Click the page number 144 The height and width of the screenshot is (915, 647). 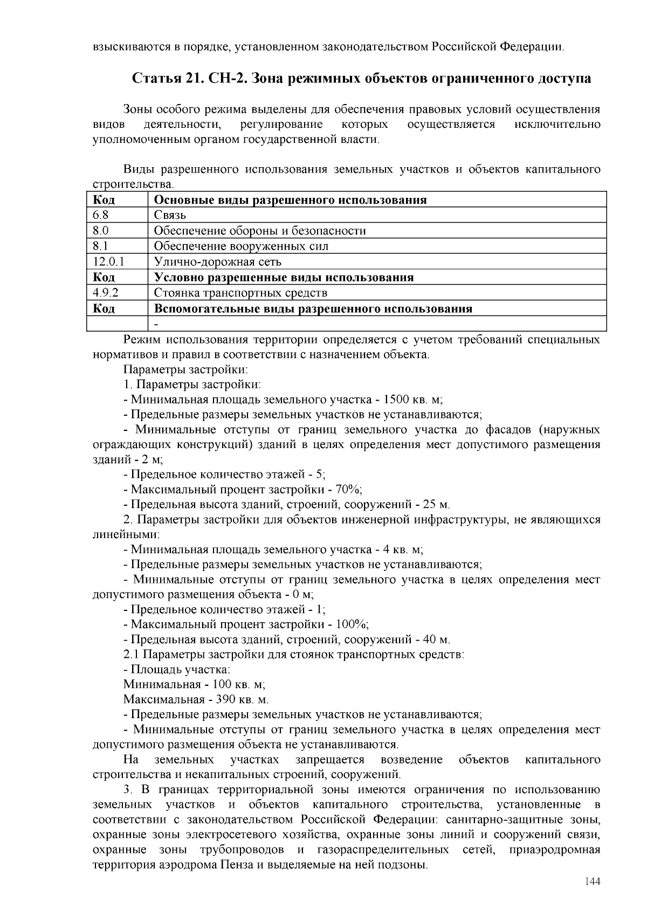coord(592,882)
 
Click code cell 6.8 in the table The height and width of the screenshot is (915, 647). coord(101,215)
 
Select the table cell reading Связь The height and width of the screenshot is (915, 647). coord(170,215)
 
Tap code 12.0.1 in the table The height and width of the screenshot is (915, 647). coord(109,262)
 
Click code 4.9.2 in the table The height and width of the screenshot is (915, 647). coord(106,293)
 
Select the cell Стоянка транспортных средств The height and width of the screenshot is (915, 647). coord(240,293)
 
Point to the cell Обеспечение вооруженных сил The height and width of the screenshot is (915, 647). coord(241,246)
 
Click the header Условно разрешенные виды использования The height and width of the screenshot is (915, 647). coord(284,278)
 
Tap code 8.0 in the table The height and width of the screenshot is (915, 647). coord(101,231)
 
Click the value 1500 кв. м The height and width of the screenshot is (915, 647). coord(412,400)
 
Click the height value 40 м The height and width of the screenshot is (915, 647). coord(436,639)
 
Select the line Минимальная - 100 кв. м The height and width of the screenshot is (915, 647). coord(194,684)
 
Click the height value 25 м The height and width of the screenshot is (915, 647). coord(436,505)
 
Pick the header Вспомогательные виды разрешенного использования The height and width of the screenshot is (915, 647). coord(313,309)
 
